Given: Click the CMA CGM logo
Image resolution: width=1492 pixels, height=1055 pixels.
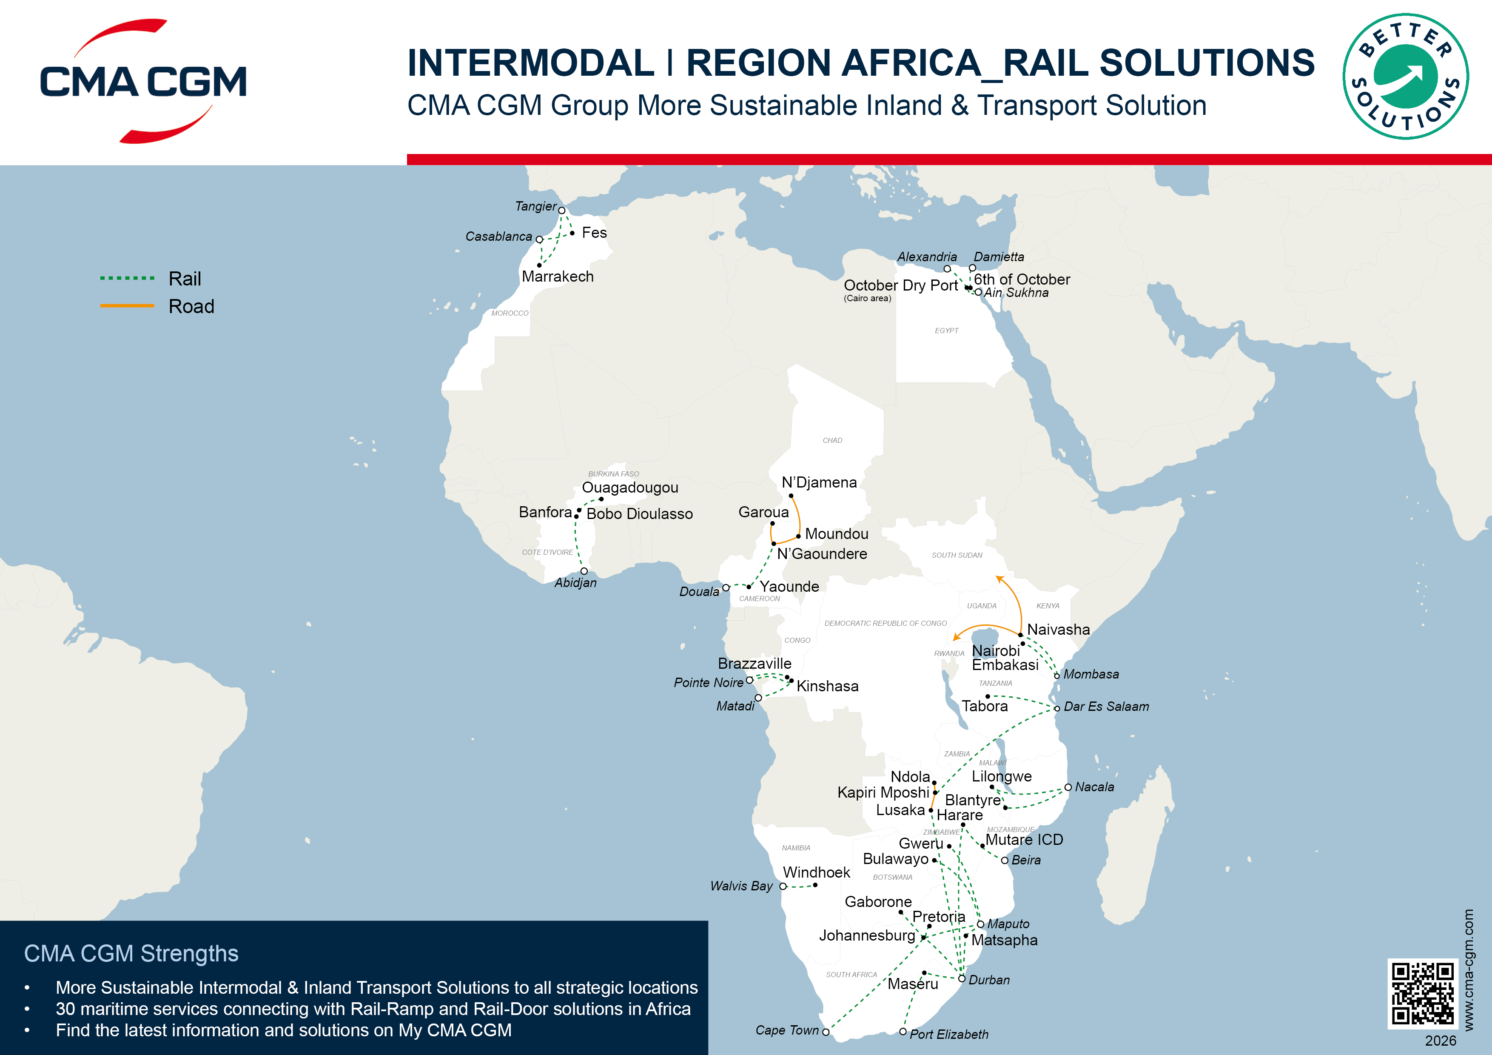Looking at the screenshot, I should [143, 81].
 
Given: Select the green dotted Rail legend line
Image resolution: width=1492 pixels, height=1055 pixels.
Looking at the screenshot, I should [127, 278].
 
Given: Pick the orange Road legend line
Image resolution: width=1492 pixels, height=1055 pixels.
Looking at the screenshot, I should [127, 305].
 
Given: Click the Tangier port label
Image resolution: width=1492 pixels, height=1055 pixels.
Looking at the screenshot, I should [535, 206].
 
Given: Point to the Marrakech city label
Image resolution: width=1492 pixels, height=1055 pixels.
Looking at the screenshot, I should [558, 276].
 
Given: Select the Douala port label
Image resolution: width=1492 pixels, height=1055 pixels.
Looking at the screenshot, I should [699, 592].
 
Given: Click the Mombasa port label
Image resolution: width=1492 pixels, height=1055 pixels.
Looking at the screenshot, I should [1091, 674].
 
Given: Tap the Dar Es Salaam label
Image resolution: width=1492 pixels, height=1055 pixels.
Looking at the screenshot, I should [1106, 707].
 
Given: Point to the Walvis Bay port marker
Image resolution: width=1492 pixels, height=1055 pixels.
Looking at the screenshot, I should [783, 886].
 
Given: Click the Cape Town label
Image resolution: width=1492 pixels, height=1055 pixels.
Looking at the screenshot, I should [787, 1030].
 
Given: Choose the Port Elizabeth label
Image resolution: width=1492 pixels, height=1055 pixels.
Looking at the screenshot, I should [949, 1034].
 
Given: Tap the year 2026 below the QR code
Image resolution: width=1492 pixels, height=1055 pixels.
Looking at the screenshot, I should [1440, 1041].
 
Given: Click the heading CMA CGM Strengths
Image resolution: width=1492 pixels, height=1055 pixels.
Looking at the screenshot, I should [131, 954].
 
